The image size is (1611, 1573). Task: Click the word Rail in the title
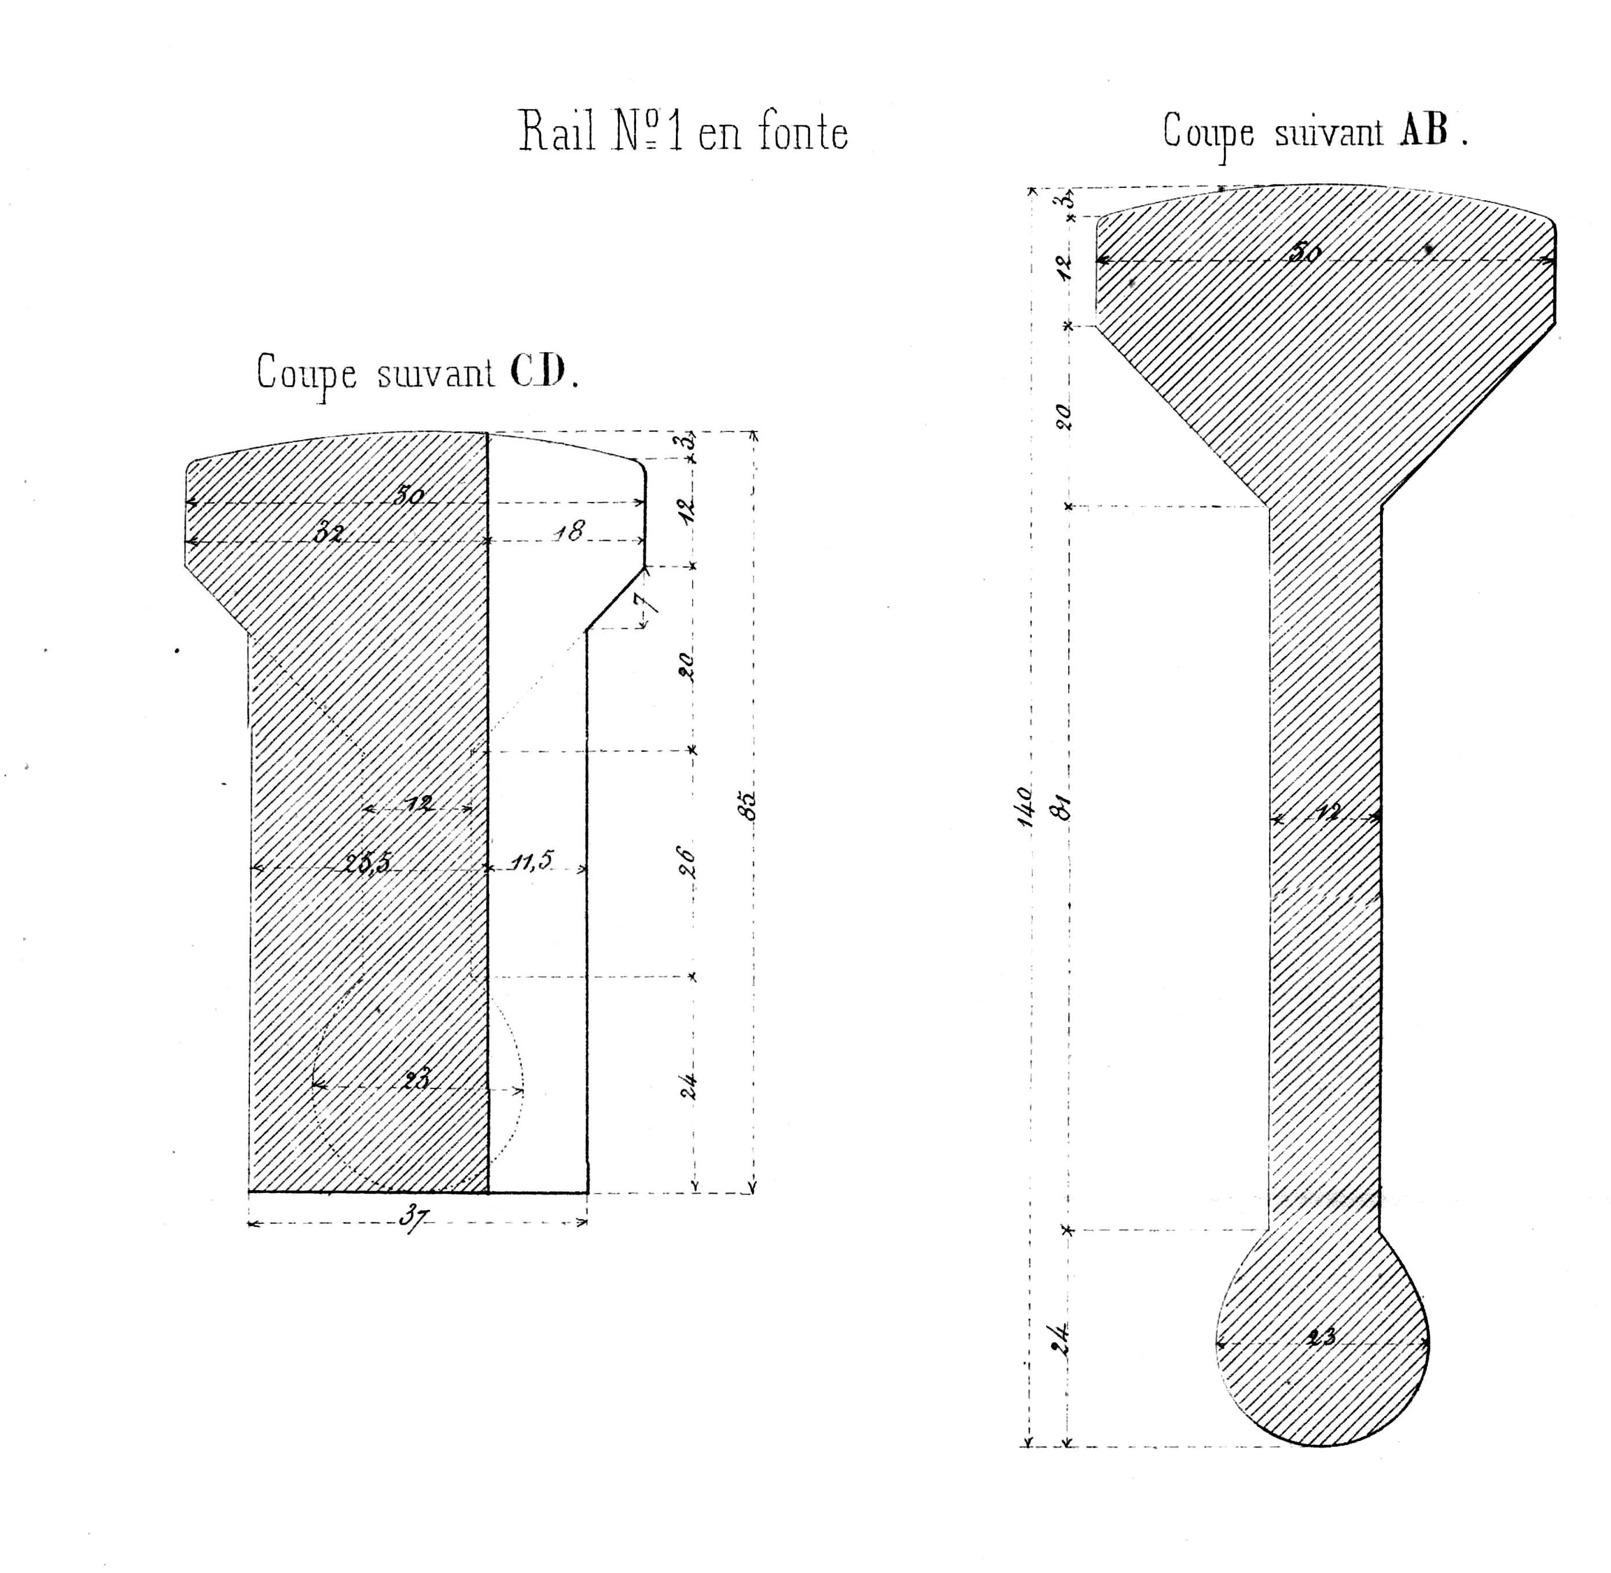557,132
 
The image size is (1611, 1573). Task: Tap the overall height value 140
1024,806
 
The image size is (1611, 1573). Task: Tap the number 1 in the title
675,132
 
